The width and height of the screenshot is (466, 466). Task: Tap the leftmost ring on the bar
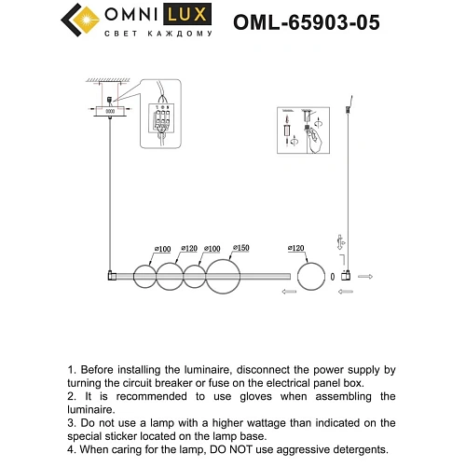(x=143, y=276)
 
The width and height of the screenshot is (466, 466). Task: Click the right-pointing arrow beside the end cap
(x=364, y=277)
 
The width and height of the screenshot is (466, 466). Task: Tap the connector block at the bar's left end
(x=111, y=276)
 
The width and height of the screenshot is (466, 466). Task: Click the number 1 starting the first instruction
(x=72, y=370)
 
